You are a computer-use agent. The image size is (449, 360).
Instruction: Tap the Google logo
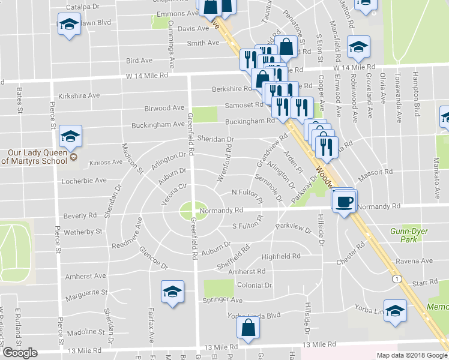(20, 352)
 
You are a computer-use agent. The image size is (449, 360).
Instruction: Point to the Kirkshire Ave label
(79, 95)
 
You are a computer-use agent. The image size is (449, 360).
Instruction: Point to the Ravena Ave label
(414, 262)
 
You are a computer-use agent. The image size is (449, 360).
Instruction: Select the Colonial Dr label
(255, 286)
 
